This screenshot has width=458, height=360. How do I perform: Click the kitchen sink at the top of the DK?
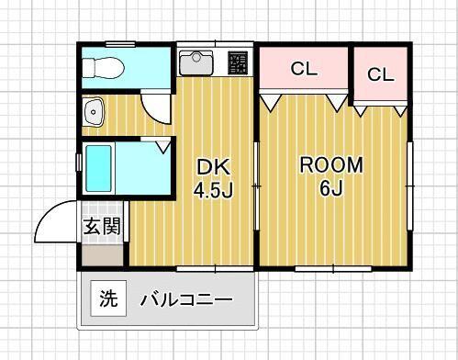pyautogui.click(x=196, y=63)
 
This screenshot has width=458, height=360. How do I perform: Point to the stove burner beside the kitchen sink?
pyautogui.click(x=239, y=63)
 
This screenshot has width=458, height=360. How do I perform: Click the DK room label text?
pyautogui.click(x=210, y=168)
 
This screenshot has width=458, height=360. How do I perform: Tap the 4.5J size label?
pyautogui.click(x=211, y=191)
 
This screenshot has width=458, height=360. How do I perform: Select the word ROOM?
pyautogui.click(x=332, y=165)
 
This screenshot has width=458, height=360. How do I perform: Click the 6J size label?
pyautogui.click(x=331, y=190)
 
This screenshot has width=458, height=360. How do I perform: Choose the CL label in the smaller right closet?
pyautogui.click(x=380, y=74)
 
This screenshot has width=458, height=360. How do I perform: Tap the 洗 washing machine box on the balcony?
pyautogui.click(x=108, y=298)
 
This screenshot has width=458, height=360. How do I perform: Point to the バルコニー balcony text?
pyautogui.click(x=185, y=299)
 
